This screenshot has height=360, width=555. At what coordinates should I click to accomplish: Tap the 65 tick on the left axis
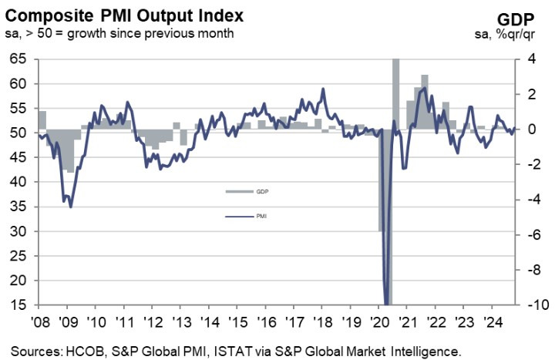[19, 59]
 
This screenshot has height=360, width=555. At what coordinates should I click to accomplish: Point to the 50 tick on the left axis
[19, 133]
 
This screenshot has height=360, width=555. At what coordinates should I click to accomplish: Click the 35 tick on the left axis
[19, 207]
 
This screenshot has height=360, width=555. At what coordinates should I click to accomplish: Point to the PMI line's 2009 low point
[71, 207]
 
